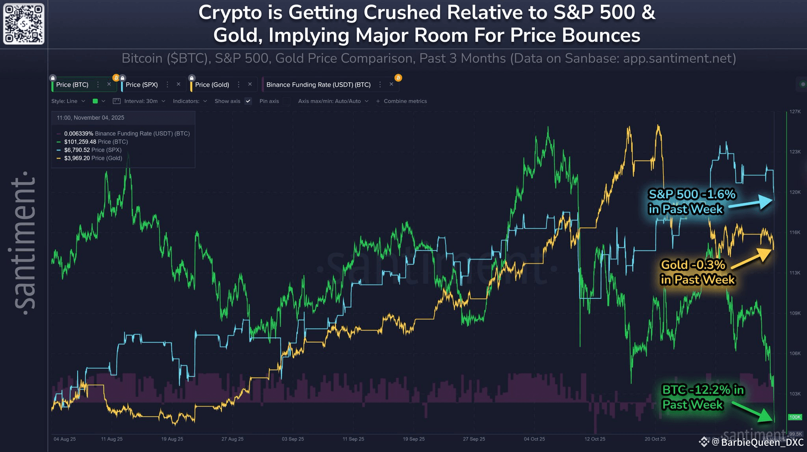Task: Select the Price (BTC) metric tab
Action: tap(73, 85)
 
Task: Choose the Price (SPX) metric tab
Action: tap(142, 85)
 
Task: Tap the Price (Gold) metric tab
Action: tap(212, 85)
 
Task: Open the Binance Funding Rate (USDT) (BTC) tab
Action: tap(318, 85)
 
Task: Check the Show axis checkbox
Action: tap(248, 101)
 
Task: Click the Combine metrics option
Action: tap(405, 101)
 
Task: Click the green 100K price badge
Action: tap(795, 417)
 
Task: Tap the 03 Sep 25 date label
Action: tap(293, 439)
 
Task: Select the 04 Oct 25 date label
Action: tap(534, 439)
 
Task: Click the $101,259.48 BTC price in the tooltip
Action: tap(80, 142)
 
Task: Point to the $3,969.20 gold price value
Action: tap(77, 158)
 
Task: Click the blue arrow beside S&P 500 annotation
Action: tap(753, 202)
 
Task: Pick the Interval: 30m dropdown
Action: tap(141, 101)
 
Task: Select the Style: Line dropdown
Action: tap(68, 101)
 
